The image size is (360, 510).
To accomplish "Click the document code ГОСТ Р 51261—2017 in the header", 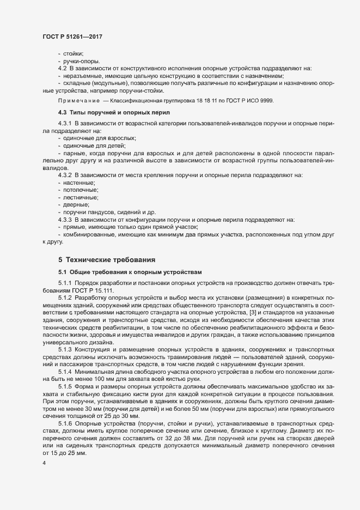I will pyautogui.click(x=72, y=36).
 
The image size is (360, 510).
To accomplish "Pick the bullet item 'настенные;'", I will pyautogui.click(x=79, y=183).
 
